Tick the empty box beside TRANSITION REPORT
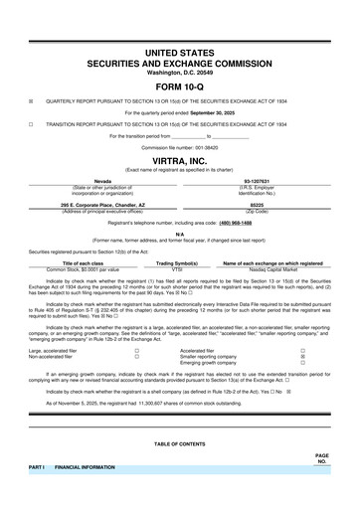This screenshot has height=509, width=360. (31, 123)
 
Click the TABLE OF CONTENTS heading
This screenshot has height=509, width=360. (180, 442)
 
